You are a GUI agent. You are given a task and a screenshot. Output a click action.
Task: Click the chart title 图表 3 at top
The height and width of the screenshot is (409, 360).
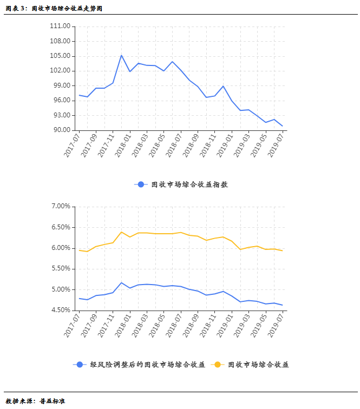pos(54,9)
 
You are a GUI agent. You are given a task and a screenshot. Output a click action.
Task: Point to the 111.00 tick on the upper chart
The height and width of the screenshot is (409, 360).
pos(60,26)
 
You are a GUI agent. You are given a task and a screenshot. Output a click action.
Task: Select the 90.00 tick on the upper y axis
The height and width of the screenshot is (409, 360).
pos(60,130)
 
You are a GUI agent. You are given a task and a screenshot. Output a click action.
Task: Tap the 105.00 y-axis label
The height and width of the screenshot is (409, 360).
pos(60,56)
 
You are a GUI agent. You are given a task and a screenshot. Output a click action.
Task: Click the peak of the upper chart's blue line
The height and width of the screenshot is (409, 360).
pos(121,55)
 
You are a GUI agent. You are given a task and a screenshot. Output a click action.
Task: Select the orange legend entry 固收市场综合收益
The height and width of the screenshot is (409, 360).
pos(258,365)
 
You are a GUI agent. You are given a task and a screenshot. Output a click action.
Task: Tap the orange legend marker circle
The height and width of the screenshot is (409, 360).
pos(217,365)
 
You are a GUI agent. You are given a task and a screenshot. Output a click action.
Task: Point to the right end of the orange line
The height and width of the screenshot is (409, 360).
pos(283,250)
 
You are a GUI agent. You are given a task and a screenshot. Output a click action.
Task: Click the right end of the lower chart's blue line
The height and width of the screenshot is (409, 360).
pos(283,305)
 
